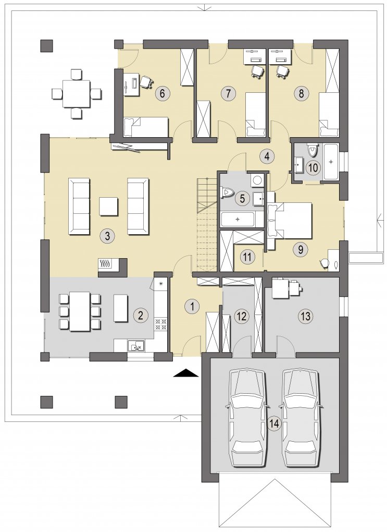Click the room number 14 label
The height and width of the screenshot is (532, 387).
tap(274, 423)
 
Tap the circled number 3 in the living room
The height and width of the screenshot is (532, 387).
tap(107, 236)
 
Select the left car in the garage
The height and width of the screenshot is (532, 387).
tap(246, 418)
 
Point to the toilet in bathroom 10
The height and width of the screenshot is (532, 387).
tap(312, 149)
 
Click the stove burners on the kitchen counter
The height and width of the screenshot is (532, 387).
tap(160, 324)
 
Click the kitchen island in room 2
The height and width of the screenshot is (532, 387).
tap(120, 308)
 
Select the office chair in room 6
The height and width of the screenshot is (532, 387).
tap(146, 82)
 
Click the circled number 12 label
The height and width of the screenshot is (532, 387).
tap(241, 316)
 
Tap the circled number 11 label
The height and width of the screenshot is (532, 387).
tap(247, 257)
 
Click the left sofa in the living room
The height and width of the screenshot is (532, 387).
tap(79, 207)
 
